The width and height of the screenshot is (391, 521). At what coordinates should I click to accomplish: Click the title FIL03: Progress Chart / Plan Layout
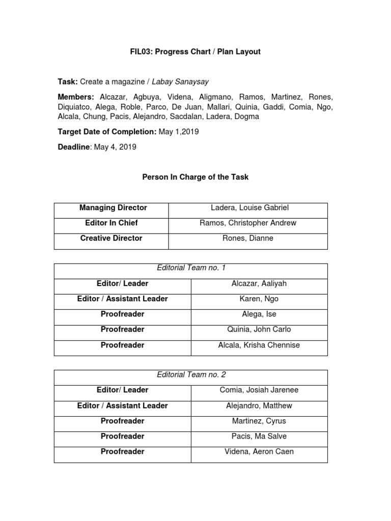click(x=195, y=52)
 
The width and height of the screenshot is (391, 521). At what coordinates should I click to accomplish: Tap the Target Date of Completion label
click(x=107, y=132)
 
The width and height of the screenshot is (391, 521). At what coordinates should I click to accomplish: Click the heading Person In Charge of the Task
click(x=195, y=177)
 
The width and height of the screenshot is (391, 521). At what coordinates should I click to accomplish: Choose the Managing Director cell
click(x=113, y=208)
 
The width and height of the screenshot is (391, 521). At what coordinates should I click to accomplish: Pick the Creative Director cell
click(x=111, y=238)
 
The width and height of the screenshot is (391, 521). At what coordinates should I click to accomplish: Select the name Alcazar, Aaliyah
click(x=259, y=283)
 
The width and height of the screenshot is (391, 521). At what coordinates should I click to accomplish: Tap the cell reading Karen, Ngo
click(x=259, y=299)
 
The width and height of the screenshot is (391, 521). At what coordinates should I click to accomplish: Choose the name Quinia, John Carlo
click(x=259, y=329)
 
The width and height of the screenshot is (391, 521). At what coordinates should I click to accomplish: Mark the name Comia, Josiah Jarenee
click(x=259, y=390)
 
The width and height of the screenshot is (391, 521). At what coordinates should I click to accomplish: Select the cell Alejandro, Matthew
click(x=259, y=406)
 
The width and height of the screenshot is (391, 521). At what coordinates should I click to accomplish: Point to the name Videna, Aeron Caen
click(x=259, y=451)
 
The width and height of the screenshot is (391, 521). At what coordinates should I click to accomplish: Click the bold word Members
click(x=76, y=97)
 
